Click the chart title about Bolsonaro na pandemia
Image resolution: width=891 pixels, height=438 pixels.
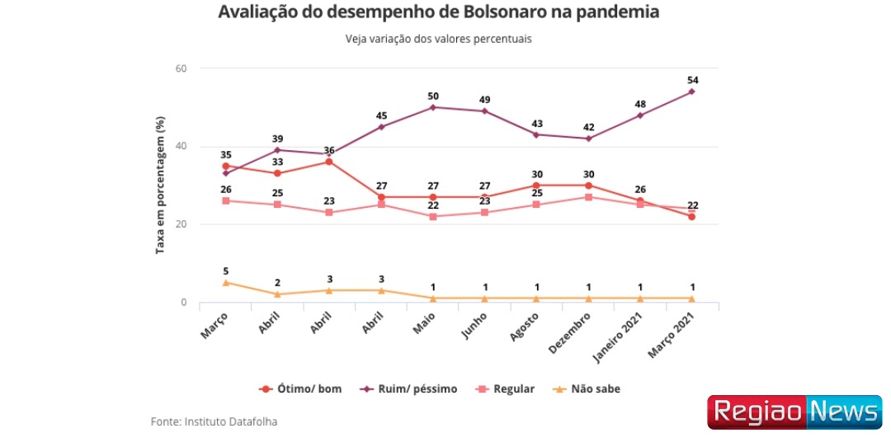pos(438,13)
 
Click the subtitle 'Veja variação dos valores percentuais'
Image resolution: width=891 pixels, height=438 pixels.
pos(438,39)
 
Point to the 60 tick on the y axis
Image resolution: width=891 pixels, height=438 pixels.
pos(181,68)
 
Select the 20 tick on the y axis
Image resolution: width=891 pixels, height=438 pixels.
pos(181,224)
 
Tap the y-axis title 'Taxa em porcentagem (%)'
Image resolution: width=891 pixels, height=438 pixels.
pos(161,185)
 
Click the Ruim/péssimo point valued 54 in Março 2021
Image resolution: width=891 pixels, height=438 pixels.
pos(691,92)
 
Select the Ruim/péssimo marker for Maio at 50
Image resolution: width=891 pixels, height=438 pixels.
pos(432,107)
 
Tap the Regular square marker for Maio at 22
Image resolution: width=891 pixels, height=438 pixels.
pos(432,217)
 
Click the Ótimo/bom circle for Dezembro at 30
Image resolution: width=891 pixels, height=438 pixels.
pos(587,186)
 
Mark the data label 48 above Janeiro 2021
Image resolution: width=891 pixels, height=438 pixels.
pos(639,104)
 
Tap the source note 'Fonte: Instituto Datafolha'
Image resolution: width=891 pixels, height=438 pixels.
pos(214,422)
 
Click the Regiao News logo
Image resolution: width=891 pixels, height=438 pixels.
pos(795,412)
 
